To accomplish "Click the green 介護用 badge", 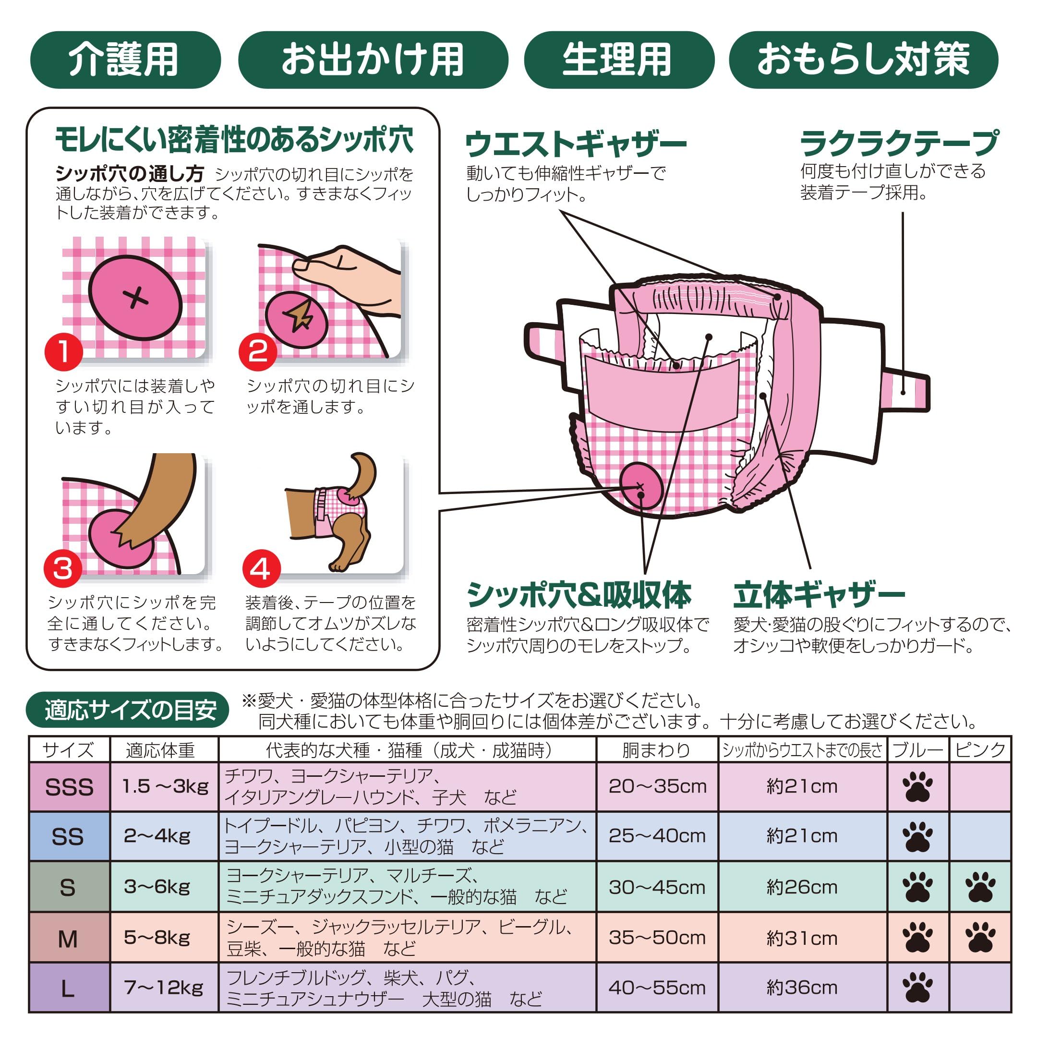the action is (125, 60).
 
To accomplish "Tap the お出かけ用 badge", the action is (373, 60).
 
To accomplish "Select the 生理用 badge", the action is (618, 60).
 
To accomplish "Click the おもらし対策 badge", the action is (863, 60).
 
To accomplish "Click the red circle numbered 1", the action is (63, 352).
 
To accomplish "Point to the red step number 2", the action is (258, 352).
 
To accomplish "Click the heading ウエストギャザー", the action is (576, 144).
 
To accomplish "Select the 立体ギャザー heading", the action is (819, 595).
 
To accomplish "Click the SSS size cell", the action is (69, 787).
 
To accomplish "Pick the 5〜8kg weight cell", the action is (164, 937).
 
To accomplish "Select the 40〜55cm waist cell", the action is (657, 988).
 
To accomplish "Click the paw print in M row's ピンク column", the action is (980, 938).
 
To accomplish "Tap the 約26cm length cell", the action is (802, 887).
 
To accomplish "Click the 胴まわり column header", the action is (657, 750).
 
